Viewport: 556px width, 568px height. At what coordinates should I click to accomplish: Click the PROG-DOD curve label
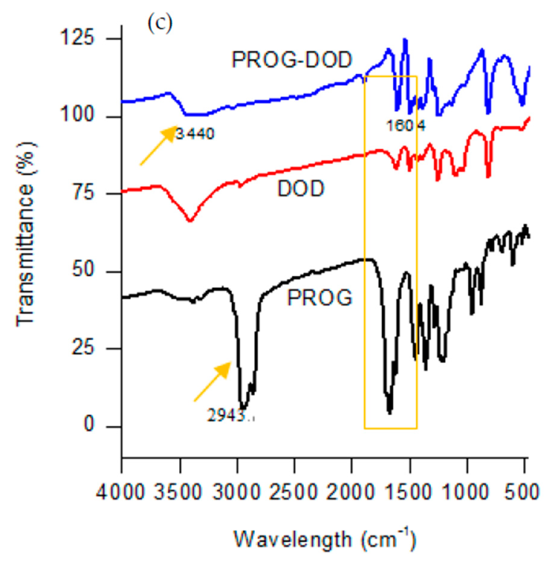click(292, 59)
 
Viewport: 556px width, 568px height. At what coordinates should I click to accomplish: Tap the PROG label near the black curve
click(320, 298)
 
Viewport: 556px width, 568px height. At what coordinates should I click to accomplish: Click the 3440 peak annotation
click(195, 134)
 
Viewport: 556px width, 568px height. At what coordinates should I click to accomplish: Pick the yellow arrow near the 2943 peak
click(212, 381)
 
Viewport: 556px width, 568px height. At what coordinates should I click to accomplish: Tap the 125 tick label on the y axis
click(77, 38)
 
